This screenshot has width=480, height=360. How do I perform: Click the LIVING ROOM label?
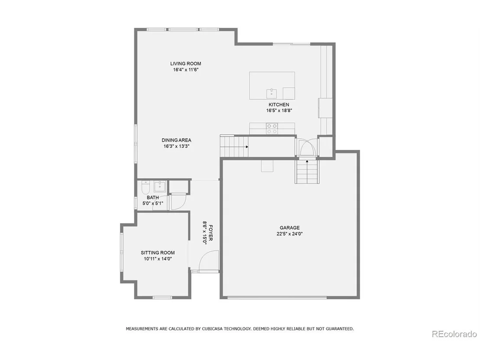(185, 64)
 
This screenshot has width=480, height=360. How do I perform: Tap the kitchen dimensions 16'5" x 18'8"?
(279, 110)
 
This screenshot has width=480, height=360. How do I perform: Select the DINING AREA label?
(176, 140)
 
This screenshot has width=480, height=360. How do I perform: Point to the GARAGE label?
(289, 228)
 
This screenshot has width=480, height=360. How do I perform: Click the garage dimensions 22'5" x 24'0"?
(289, 234)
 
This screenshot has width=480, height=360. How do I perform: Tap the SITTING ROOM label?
(158, 253)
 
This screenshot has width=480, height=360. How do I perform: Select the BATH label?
(153, 198)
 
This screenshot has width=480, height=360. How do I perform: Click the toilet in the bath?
(146, 187)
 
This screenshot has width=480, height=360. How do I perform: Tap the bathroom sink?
(159, 186)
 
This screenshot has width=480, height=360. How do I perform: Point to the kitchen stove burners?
(272, 129)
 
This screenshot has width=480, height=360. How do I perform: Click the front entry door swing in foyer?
(209, 261)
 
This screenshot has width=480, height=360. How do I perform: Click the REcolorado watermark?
(454, 334)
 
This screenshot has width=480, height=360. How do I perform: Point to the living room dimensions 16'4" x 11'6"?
(186, 70)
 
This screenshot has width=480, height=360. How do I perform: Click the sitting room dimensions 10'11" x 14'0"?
(158, 259)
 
